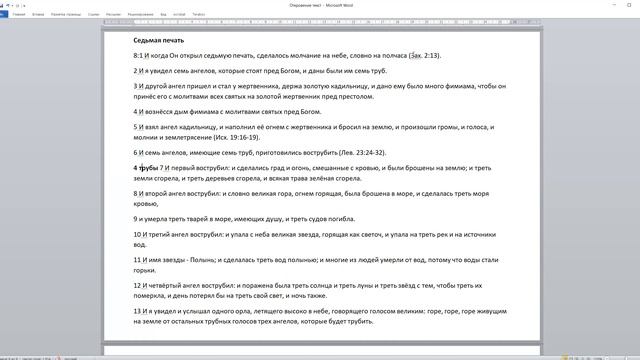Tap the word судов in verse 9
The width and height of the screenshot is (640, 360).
coord(312,218)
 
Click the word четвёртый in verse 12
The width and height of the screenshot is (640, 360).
coord(175,285)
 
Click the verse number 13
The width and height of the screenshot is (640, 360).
coord(138,311)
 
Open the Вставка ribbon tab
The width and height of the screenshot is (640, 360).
coord(38,15)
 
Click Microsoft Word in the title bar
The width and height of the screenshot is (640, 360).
coord(340,4)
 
